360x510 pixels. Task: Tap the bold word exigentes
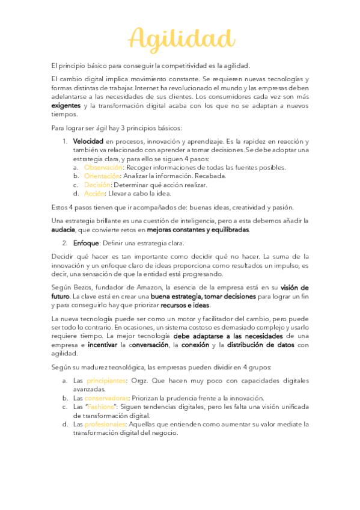click(66, 105)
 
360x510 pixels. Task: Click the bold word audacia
click(63, 230)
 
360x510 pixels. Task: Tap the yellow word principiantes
click(106, 381)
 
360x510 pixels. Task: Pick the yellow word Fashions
click(103, 407)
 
